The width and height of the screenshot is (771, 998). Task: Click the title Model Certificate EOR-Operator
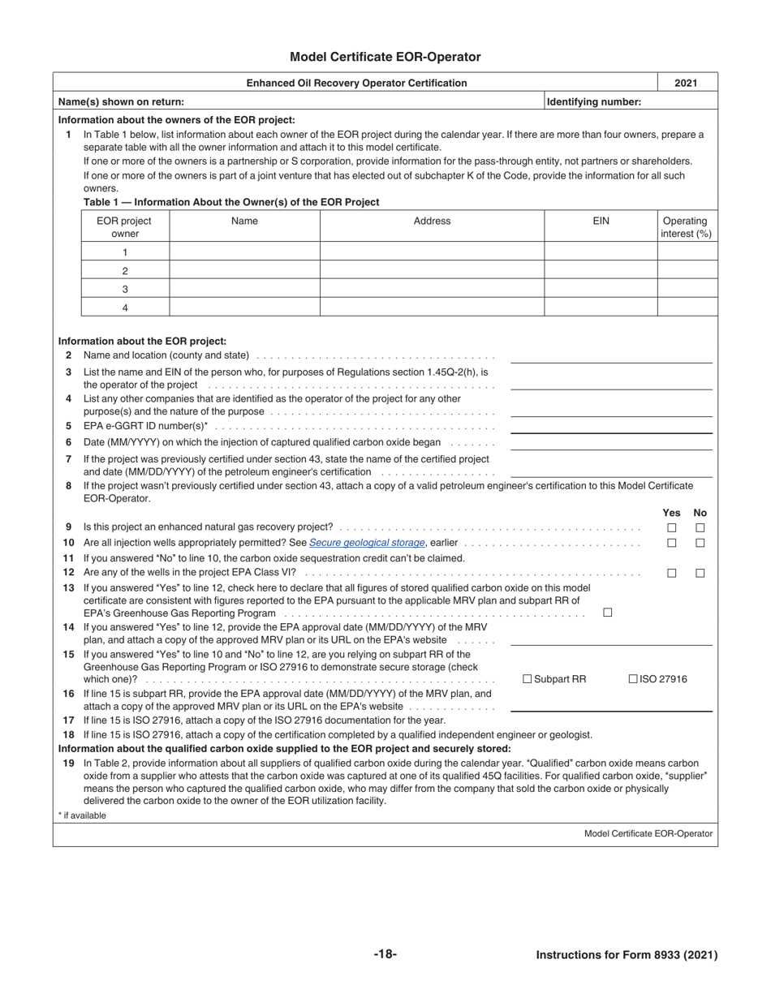[x=385, y=57]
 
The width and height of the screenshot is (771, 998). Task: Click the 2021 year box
[x=687, y=83]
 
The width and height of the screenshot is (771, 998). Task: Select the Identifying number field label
[x=594, y=101]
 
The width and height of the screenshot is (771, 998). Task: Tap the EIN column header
[x=600, y=221]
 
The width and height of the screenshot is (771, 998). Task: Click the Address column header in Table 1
[x=432, y=221]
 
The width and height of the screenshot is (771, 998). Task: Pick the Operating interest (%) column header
[x=686, y=227]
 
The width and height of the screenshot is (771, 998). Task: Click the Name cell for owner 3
[x=244, y=289]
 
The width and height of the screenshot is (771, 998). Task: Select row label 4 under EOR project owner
[x=125, y=308]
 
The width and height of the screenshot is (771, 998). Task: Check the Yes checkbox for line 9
[x=671, y=528]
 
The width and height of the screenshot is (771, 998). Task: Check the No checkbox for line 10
[x=700, y=543]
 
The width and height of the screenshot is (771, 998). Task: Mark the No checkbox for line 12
[x=700, y=573]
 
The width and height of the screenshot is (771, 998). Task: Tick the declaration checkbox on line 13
[x=607, y=613]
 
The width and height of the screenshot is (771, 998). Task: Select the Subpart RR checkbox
[x=528, y=679]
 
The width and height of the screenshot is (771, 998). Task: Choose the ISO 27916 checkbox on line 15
[x=633, y=679]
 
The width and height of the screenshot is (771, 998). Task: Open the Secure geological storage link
[x=366, y=543]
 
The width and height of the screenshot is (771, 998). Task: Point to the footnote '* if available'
[x=82, y=815]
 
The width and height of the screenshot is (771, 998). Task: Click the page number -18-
[x=385, y=954]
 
